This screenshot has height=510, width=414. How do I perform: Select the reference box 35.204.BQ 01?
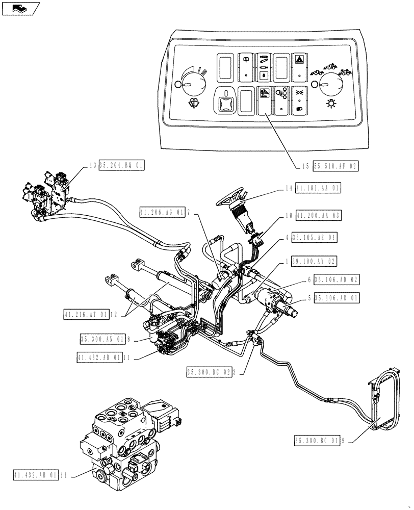[x=122, y=165]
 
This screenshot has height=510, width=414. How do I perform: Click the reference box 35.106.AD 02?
[x=337, y=279]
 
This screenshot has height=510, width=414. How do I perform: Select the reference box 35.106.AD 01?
[x=337, y=298]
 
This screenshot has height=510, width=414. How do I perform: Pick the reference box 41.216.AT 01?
[x=86, y=315]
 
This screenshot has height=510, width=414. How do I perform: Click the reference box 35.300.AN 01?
[x=100, y=338]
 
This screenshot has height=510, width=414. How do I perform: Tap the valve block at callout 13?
[x=48, y=194]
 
